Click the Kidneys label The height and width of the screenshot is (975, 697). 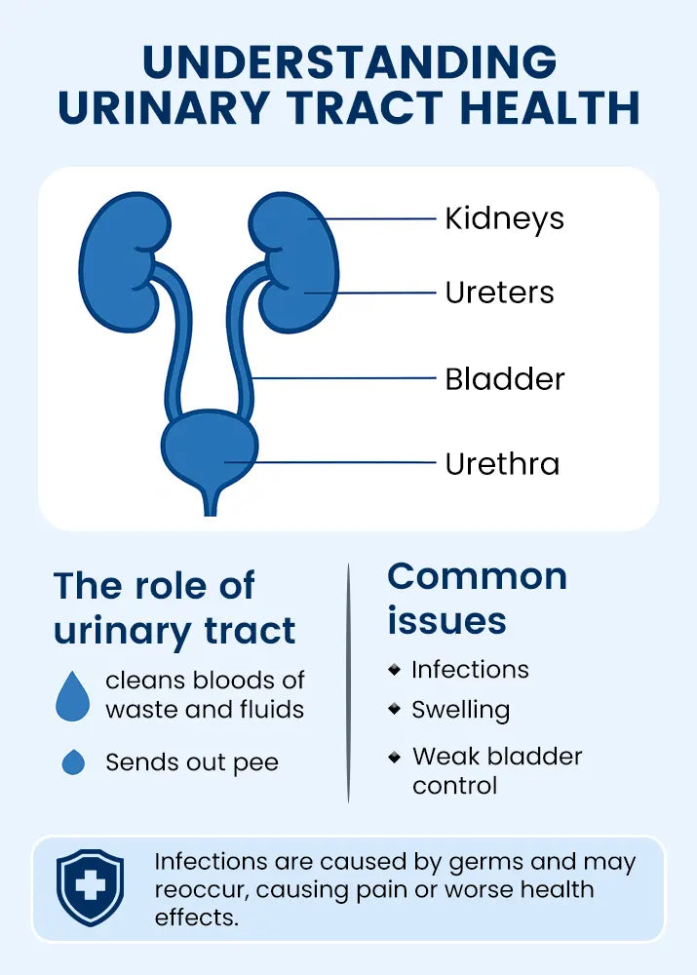[x=504, y=218]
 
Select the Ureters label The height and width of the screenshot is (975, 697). [x=499, y=292]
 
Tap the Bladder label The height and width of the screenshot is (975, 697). [x=504, y=378]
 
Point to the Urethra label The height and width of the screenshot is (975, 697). [x=502, y=463]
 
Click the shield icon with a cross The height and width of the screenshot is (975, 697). [x=91, y=886]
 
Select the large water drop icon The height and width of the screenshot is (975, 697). [x=73, y=695]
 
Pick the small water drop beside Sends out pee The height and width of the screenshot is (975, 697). [x=73, y=761]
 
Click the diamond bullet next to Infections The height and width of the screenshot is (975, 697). [x=394, y=670]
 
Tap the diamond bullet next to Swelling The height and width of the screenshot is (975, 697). [x=394, y=709]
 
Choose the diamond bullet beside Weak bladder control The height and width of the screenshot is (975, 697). [x=394, y=756]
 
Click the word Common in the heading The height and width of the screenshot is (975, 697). [x=477, y=576]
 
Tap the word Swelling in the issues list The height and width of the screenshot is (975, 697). [x=460, y=710]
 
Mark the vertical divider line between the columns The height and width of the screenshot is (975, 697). [x=348, y=682]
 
